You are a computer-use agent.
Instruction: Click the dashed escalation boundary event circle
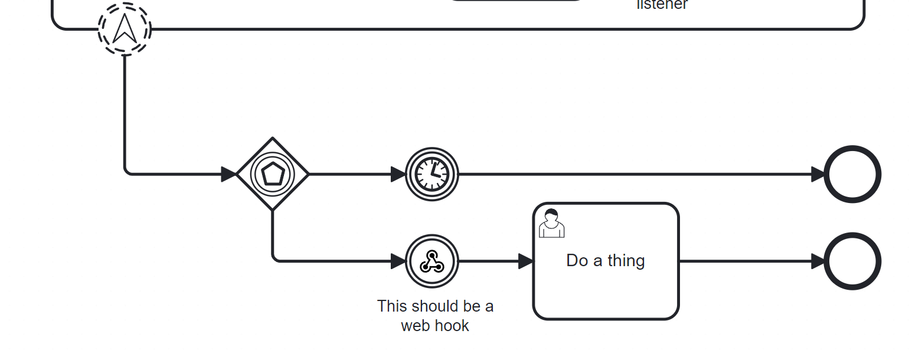click(x=125, y=29)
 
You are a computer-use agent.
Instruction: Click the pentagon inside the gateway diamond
click(x=272, y=174)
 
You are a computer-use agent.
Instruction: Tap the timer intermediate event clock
click(x=431, y=174)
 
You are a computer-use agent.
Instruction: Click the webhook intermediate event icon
click(x=431, y=261)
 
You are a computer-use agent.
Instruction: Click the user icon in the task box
click(x=551, y=223)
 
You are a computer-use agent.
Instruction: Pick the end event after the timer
click(x=852, y=174)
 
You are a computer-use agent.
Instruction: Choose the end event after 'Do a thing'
click(x=852, y=261)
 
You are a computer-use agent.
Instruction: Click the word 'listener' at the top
click(x=662, y=5)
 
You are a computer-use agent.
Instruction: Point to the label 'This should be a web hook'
click(x=435, y=316)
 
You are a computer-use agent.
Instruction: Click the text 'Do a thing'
click(x=605, y=260)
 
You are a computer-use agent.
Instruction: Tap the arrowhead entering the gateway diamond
click(x=228, y=174)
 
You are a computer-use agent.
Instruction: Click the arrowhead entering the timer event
click(x=398, y=174)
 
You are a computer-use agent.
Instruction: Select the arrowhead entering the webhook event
click(x=398, y=261)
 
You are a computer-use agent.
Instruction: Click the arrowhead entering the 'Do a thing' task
click(x=526, y=261)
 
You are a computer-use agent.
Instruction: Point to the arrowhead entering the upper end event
click(x=818, y=174)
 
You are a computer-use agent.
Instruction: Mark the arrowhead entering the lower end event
click(x=818, y=261)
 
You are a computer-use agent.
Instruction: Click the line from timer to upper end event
click(x=632, y=174)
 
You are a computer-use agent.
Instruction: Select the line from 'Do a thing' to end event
click(x=744, y=261)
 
